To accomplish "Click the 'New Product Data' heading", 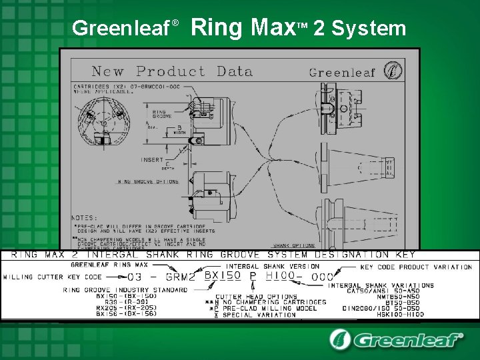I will click(x=171, y=71).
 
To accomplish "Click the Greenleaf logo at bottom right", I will click(x=396, y=339).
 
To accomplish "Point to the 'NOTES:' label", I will click(x=85, y=217).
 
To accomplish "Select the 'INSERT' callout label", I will click(x=152, y=160).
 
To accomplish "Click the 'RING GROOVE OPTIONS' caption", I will click(x=148, y=181).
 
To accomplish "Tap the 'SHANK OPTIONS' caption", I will click(x=294, y=245).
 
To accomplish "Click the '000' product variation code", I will click(x=323, y=276).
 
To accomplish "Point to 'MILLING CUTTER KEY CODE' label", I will click(x=53, y=277).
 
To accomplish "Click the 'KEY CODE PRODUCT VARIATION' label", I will click(x=416, y=267).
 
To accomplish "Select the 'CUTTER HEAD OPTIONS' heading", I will click(x=256, y=297).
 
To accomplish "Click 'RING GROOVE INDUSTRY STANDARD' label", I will click(x=125, y=290).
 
